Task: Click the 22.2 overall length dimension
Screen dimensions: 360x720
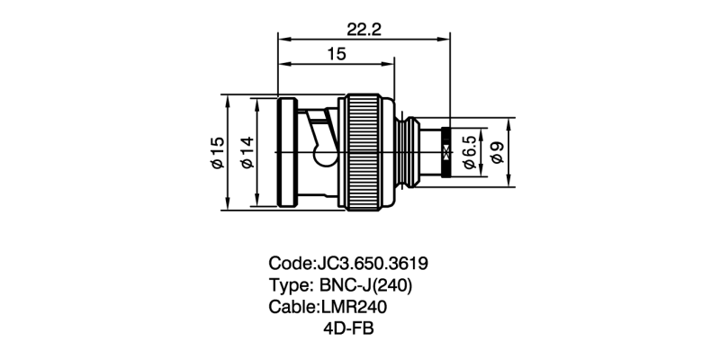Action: pyautogui.click(x=364, y=29)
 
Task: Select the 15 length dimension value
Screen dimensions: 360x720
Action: pyautogui.click(x=337, y=55)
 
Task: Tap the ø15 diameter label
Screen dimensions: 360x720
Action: pyautogui.click(x=217, y=154)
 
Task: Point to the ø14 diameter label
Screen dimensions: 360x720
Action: pyautogui.click(x=246, y=154)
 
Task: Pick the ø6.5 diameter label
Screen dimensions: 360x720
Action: pyautogui.click(x=469, y=154)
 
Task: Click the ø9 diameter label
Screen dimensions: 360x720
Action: pyautogui.click(x=498, y=154)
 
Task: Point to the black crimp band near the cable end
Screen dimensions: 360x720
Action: pyautogui.click(x=446, y=153)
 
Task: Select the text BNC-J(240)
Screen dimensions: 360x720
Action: pyautogui.click(x=366, y=285)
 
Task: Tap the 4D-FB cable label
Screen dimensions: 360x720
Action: pyautogui.click(x=346, y=328)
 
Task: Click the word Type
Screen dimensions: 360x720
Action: pyautogui.click(x=288, y=285)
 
